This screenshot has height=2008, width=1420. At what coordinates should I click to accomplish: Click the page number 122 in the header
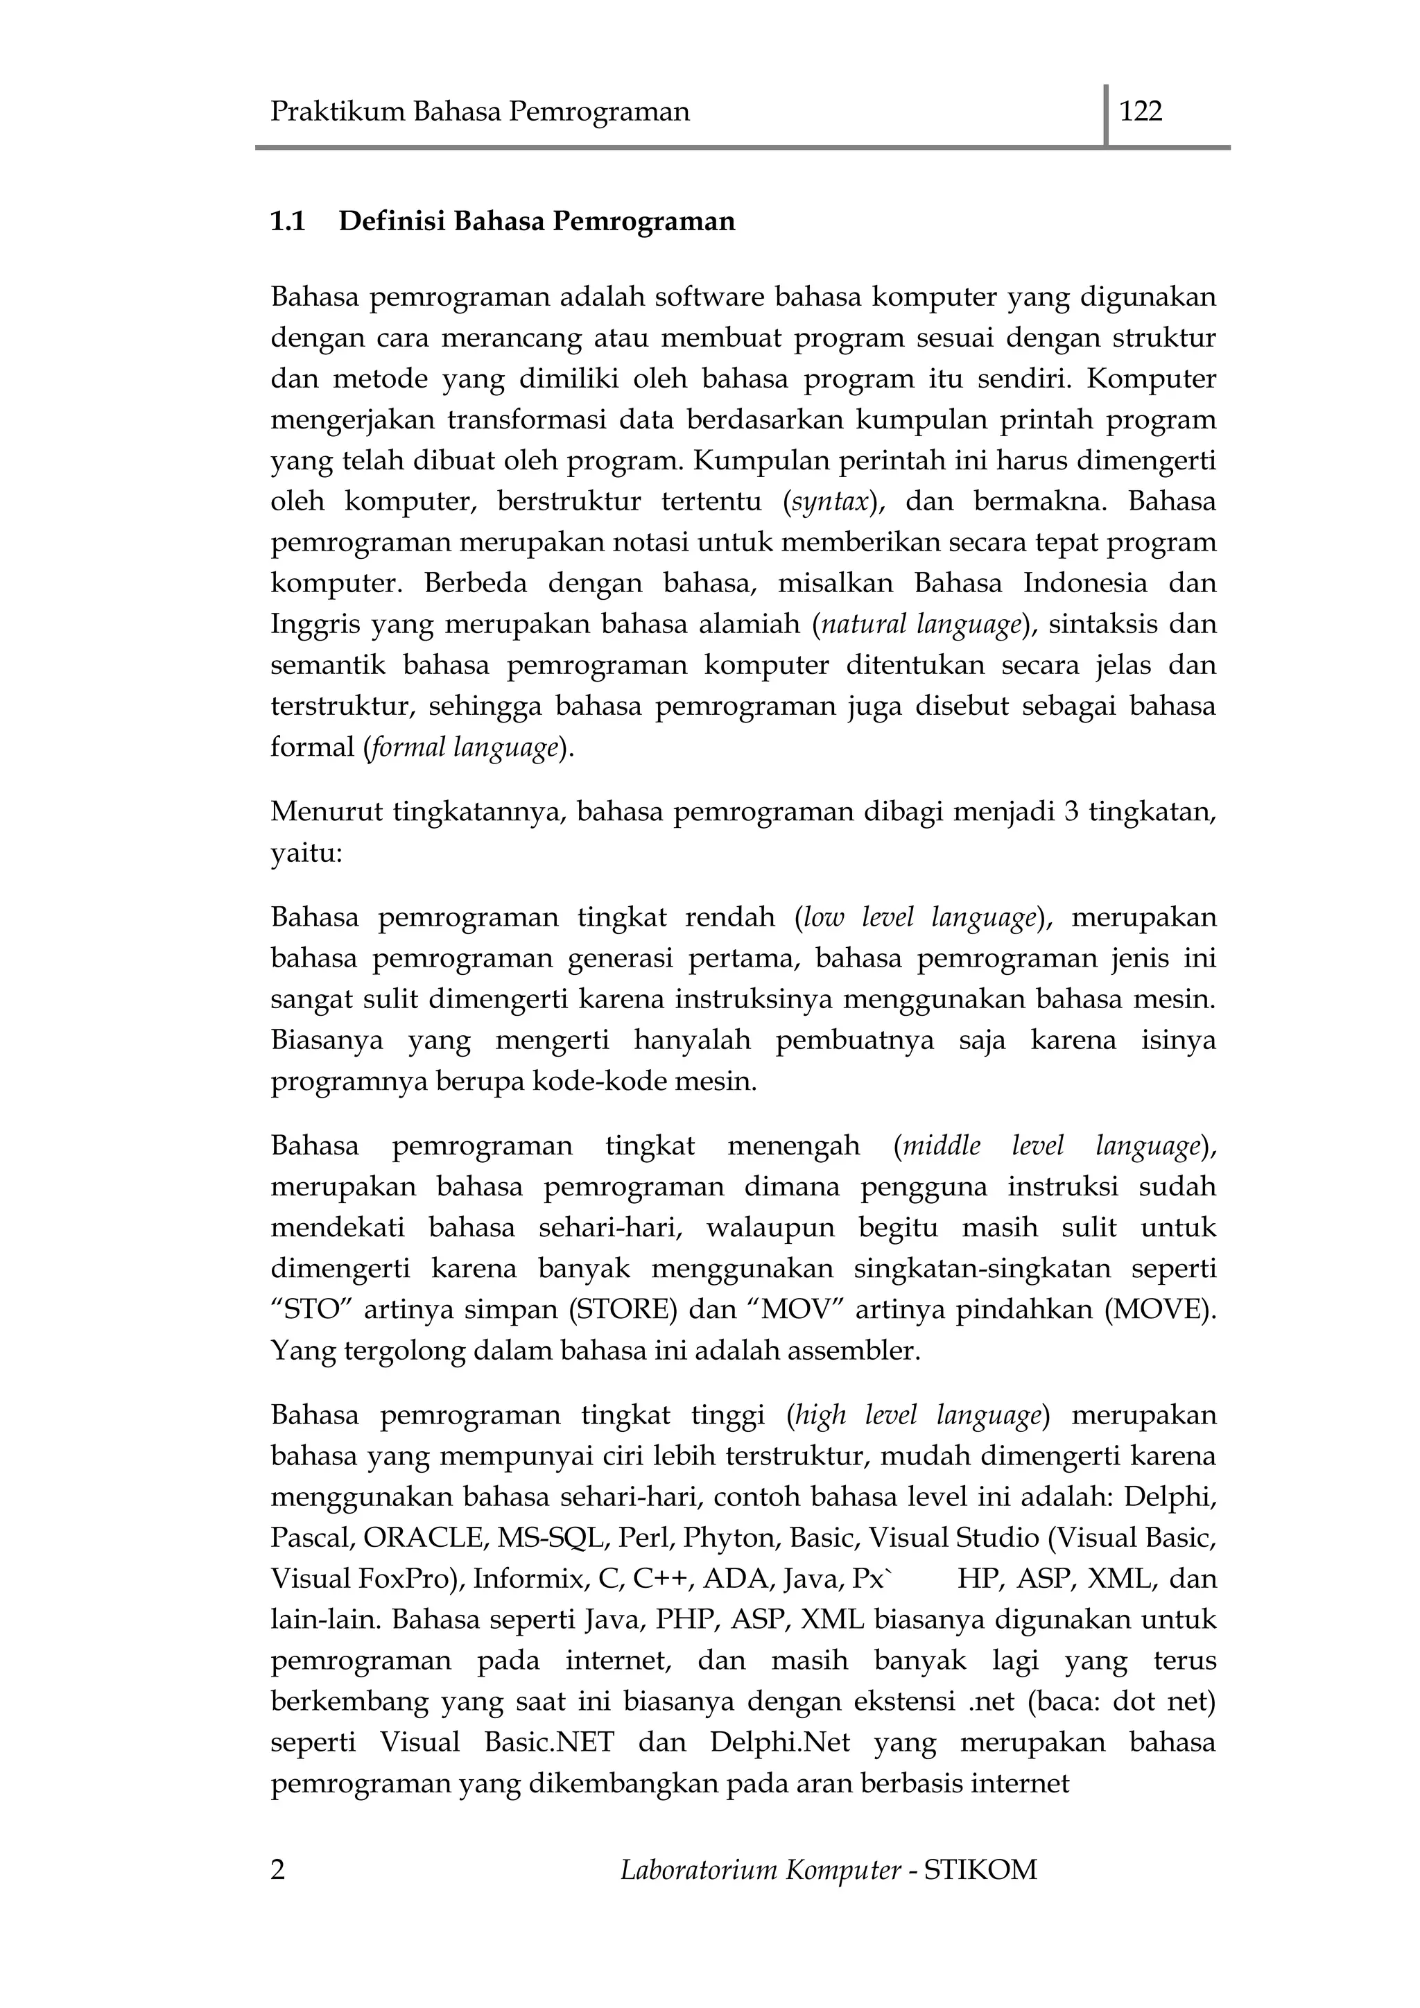[x=1141, y=112]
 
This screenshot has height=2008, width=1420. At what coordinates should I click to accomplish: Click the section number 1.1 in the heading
[x=288, y=221]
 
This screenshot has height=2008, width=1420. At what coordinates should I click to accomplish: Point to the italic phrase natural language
[x=921, y=625]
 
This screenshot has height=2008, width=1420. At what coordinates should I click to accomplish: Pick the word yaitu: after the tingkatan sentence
[x=306, y=853]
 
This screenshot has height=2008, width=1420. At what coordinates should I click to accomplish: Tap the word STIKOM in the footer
[x=980, y=1870]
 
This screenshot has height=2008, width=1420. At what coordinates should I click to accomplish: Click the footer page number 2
[x=278, y=1870]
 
